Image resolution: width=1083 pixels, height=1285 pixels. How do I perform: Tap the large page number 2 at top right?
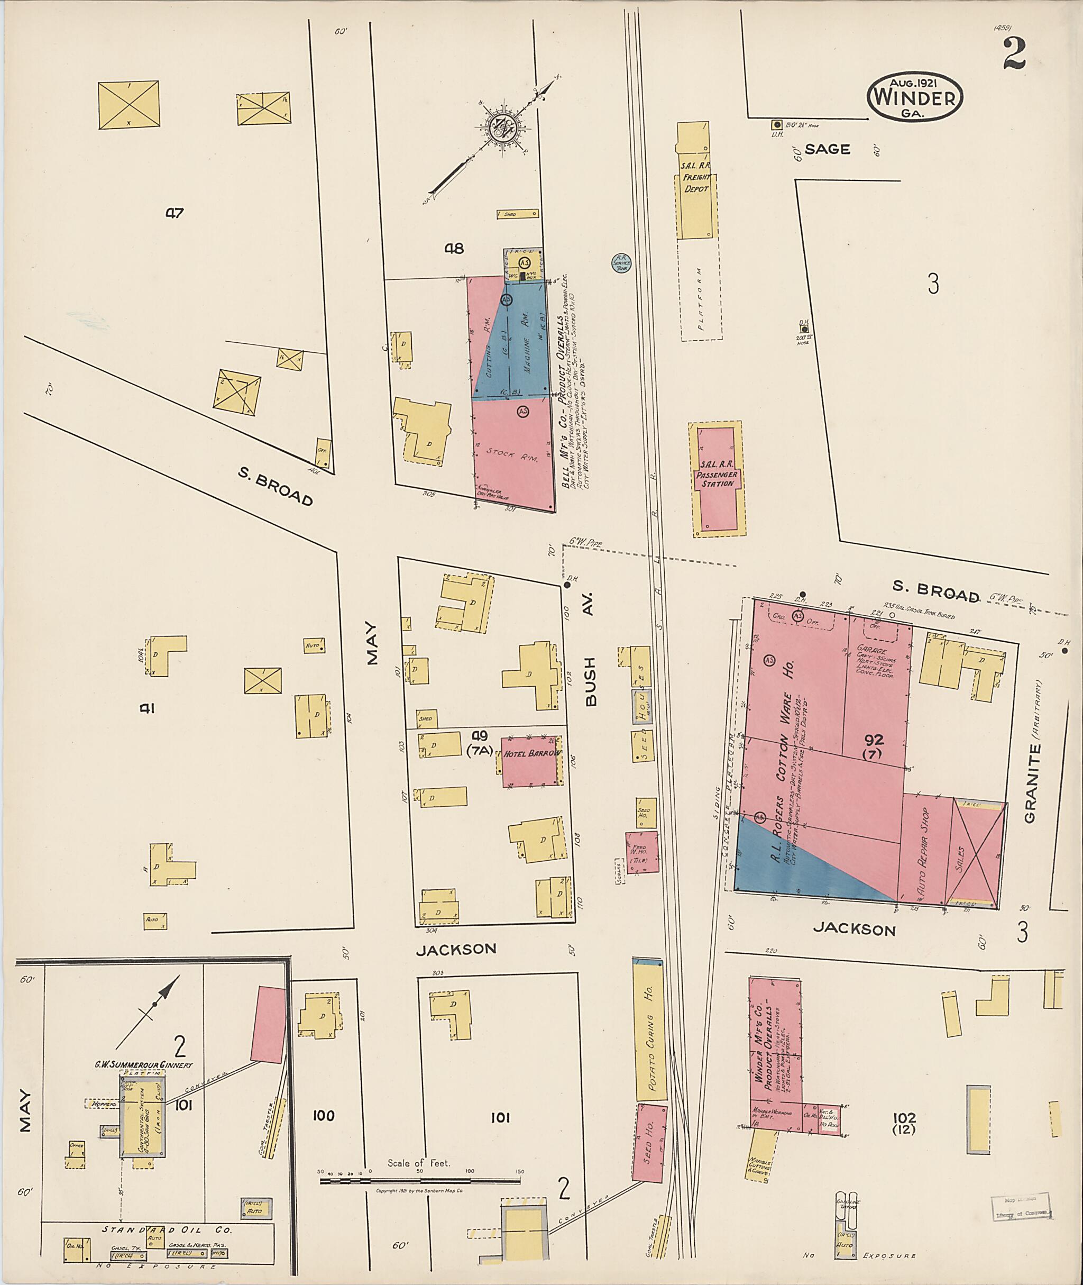1014,53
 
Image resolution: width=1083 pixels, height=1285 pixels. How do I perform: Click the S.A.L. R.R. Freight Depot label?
696,183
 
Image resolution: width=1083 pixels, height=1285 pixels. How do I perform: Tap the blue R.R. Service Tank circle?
621,263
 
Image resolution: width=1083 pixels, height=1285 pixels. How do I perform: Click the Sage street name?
828,149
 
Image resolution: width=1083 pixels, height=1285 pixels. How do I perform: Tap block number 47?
175,213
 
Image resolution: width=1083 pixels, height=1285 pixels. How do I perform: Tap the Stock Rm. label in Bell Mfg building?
511,454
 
